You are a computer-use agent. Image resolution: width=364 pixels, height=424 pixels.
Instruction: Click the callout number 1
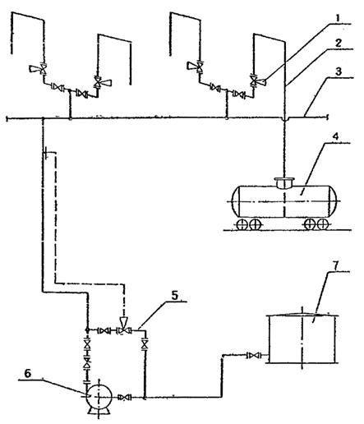coord(338,18)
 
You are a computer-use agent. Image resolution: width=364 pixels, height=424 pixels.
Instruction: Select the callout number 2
coord(339,43)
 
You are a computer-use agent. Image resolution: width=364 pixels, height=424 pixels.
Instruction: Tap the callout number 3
coord(339,71)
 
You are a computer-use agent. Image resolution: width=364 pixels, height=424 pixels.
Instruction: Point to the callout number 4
coord(336,136)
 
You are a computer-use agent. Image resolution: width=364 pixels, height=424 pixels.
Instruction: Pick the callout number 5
coord(175,295)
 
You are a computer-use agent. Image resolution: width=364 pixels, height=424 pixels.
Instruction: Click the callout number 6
coord(28,373)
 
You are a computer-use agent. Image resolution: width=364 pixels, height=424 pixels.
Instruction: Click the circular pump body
coord(99,397)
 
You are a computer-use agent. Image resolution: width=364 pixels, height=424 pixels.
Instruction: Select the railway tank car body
coord(284,201)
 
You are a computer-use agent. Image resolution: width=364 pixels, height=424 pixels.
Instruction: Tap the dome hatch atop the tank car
coord(284,183)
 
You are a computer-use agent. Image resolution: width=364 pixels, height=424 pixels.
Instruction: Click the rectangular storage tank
coord(302,339)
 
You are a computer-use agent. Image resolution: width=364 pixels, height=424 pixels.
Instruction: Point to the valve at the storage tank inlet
coord(254,356)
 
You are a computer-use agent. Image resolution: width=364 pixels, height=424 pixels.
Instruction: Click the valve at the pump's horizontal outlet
coord(125,397)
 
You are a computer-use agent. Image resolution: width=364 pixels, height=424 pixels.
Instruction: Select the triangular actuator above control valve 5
coord(124,321)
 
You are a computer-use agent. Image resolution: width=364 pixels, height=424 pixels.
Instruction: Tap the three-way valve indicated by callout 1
coord(256,81)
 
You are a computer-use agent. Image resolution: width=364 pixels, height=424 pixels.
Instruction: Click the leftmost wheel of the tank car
coord(242,224)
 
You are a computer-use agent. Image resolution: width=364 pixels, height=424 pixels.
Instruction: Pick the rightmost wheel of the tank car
coord(322,224)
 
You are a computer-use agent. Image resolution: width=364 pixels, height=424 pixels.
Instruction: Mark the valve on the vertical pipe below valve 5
coord(145,343)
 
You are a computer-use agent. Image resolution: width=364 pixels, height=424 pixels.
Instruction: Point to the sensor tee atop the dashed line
coord(47,152)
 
